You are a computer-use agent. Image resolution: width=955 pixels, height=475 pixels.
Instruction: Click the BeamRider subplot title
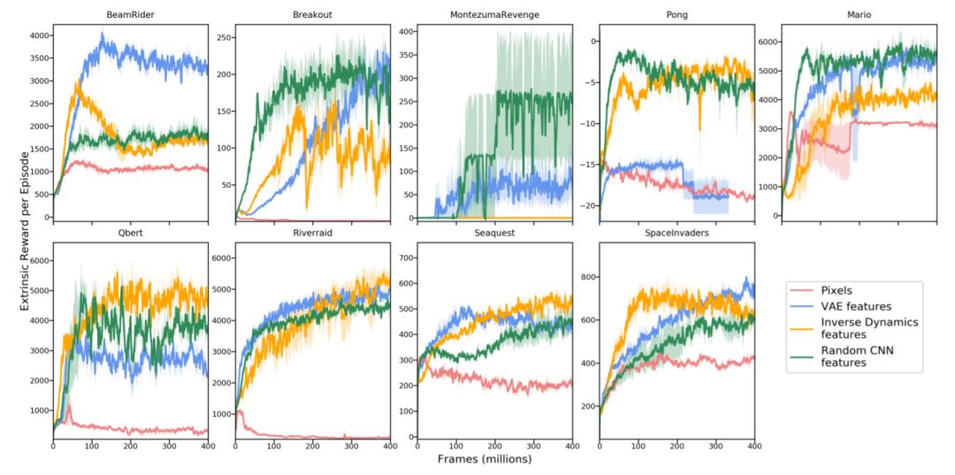coord(130,15)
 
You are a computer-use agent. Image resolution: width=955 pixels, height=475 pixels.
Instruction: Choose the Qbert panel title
coord(130,234)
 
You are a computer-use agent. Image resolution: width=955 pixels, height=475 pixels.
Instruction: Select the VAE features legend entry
coord(854,305)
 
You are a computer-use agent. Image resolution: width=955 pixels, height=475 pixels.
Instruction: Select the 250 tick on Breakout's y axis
coord(216,37)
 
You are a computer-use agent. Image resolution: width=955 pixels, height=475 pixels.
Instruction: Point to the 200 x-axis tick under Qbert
coord(130,448)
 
